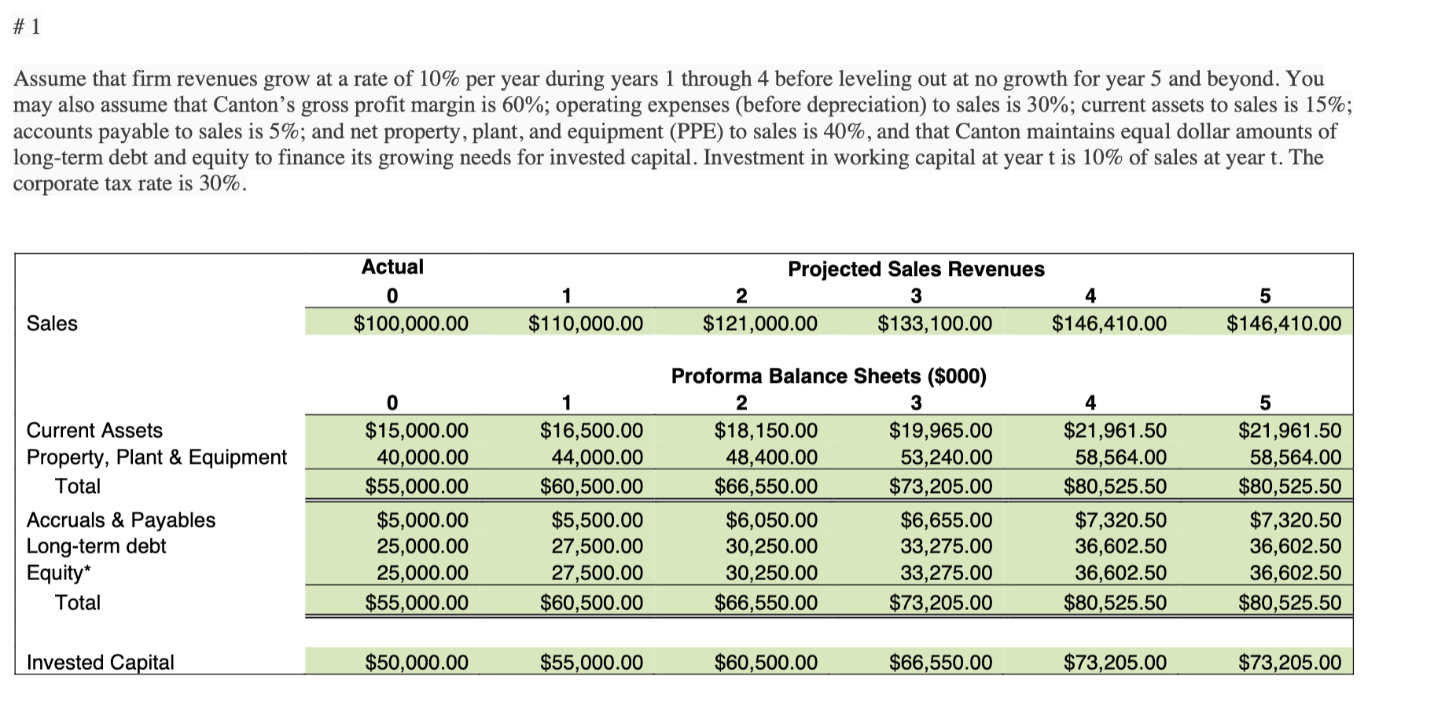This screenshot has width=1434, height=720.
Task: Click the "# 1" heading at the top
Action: [x=27, y=28]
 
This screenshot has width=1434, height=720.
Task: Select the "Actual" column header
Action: [x=392, y=267]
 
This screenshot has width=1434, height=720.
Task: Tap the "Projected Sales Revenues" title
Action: [x=916, y=269]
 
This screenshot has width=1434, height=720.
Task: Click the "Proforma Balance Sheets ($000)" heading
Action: [x=829, y=376]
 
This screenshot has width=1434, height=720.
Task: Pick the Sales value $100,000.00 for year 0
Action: [x=410, y=323]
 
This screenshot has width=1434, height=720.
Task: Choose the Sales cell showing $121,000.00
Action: [x=759, y=323]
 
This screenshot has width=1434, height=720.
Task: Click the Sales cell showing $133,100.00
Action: [x=934, y=323]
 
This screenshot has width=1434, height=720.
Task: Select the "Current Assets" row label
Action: [x=94, y=431]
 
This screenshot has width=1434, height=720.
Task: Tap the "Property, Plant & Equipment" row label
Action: [x=156, y=457]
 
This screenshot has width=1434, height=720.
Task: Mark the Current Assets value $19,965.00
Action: [x=940, y=431]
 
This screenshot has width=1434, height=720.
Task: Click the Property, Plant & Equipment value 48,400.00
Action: [x=770, y=457]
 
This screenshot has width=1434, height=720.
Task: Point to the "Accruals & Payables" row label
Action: [x=120, y=520]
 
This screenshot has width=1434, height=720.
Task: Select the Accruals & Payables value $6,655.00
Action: [x=946, y=520]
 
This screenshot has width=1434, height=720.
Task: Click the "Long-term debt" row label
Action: [x=96, y=546]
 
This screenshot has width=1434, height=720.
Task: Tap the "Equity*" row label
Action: [x=58, y=573]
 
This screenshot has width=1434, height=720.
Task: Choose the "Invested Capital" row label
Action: [x=100, y=663]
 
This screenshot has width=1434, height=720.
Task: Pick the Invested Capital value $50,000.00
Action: [x=417, y=663]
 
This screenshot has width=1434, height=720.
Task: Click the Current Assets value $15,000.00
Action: [x=417, y=431]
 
